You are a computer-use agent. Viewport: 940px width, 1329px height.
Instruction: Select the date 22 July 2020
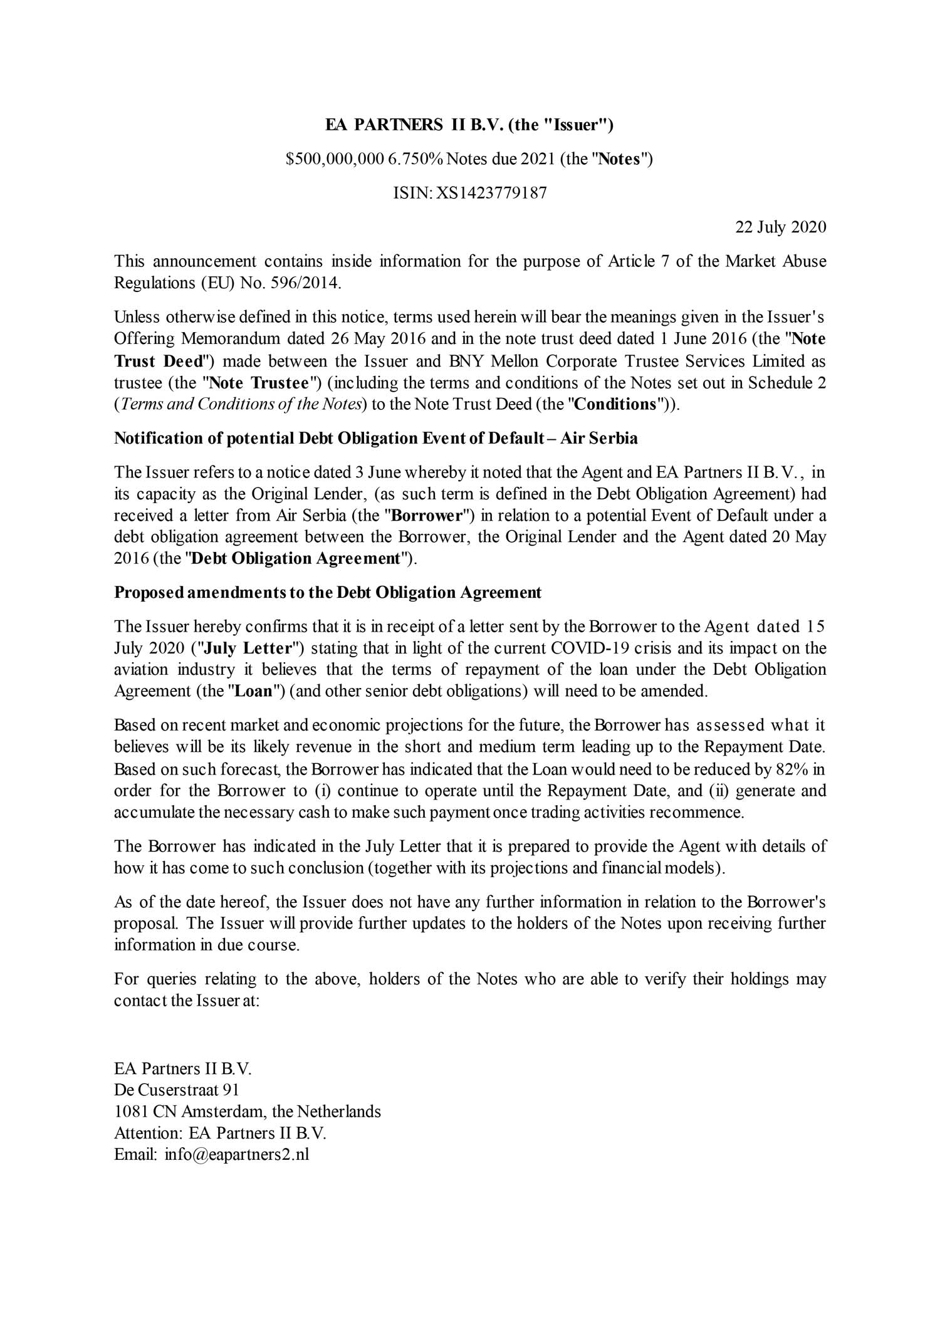tap(780, 227)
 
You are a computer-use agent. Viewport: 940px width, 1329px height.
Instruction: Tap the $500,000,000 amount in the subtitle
tap(334, 159)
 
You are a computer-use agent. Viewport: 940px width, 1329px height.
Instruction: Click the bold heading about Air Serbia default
tap(375, 438)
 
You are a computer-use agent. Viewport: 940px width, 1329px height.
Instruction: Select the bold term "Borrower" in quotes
tap(427, 516)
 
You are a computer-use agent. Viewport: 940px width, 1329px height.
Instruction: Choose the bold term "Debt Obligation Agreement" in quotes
tap(295, 558)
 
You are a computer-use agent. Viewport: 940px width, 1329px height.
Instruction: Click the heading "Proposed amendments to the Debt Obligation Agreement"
tap(327, 592)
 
